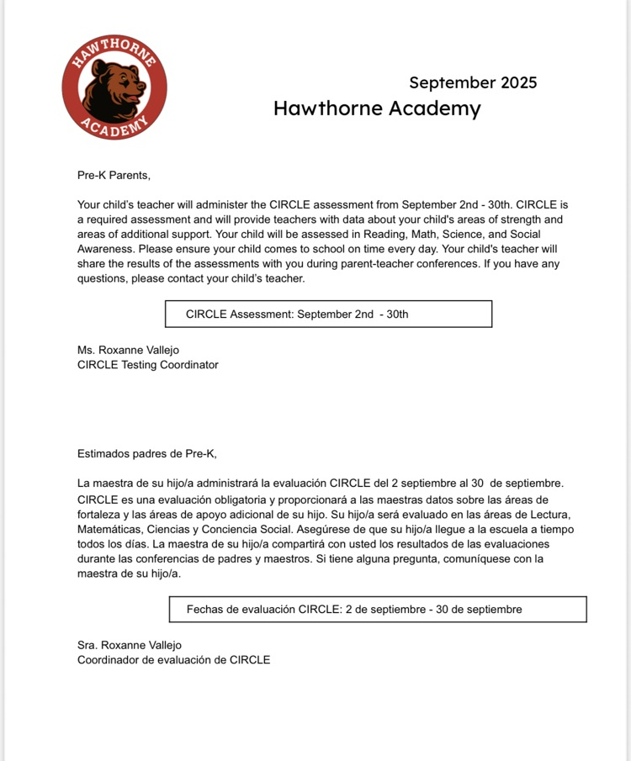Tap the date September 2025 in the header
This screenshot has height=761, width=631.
click(x=473, y=82)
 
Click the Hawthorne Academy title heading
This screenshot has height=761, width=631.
click(x=377, y=108)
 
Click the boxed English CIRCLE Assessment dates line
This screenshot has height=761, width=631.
click(x=297, y=314)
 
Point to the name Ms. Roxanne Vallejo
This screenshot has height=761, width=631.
click(x=128, y=350)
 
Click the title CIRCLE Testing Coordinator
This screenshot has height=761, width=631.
click(x=148, y=365)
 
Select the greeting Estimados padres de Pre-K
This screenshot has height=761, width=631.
click(x=147, y=454)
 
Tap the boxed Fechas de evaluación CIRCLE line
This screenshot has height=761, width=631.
click(x=354, y=609)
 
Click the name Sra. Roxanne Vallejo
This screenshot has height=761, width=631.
click(x=130, y=645)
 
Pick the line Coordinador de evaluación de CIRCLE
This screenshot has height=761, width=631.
click(x=174, y=660)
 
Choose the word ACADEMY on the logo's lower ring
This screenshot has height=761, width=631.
click(x=114, y=127)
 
